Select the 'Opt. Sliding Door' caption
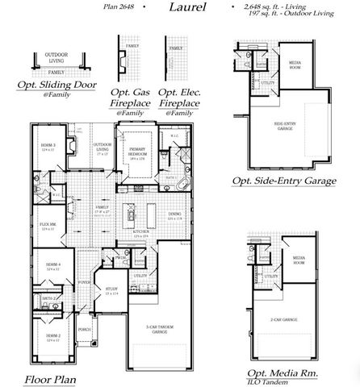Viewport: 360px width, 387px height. point(57,85)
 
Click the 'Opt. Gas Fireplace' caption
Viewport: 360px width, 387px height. point(131,98)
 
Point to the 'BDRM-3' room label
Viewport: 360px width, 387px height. point(48,145)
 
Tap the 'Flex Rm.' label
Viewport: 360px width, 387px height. point(47,226)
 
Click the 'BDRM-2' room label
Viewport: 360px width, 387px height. point(52,335)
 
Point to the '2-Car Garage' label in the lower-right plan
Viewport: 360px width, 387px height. point(278,319)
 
